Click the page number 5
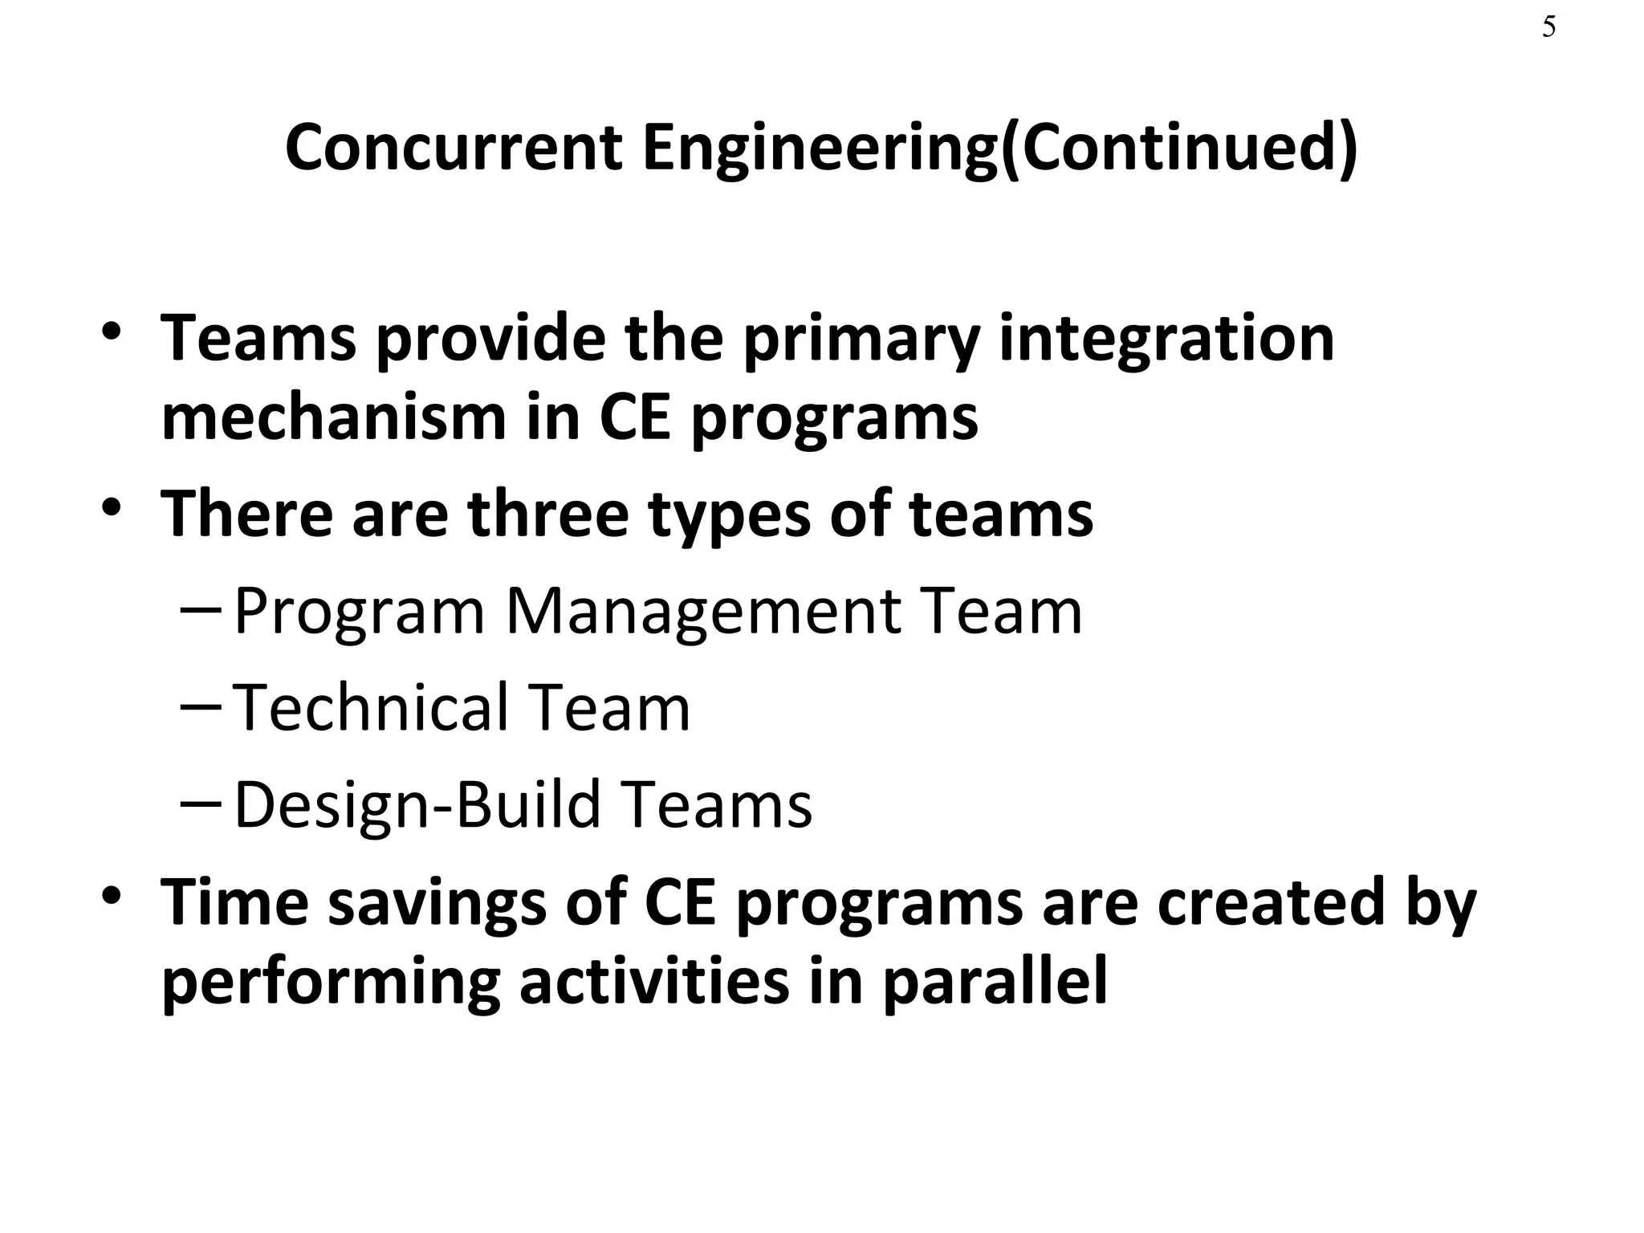coord(1548,28)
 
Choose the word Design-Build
coord(417,805)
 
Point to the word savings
coord(437,904)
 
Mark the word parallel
coord(995,983)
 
